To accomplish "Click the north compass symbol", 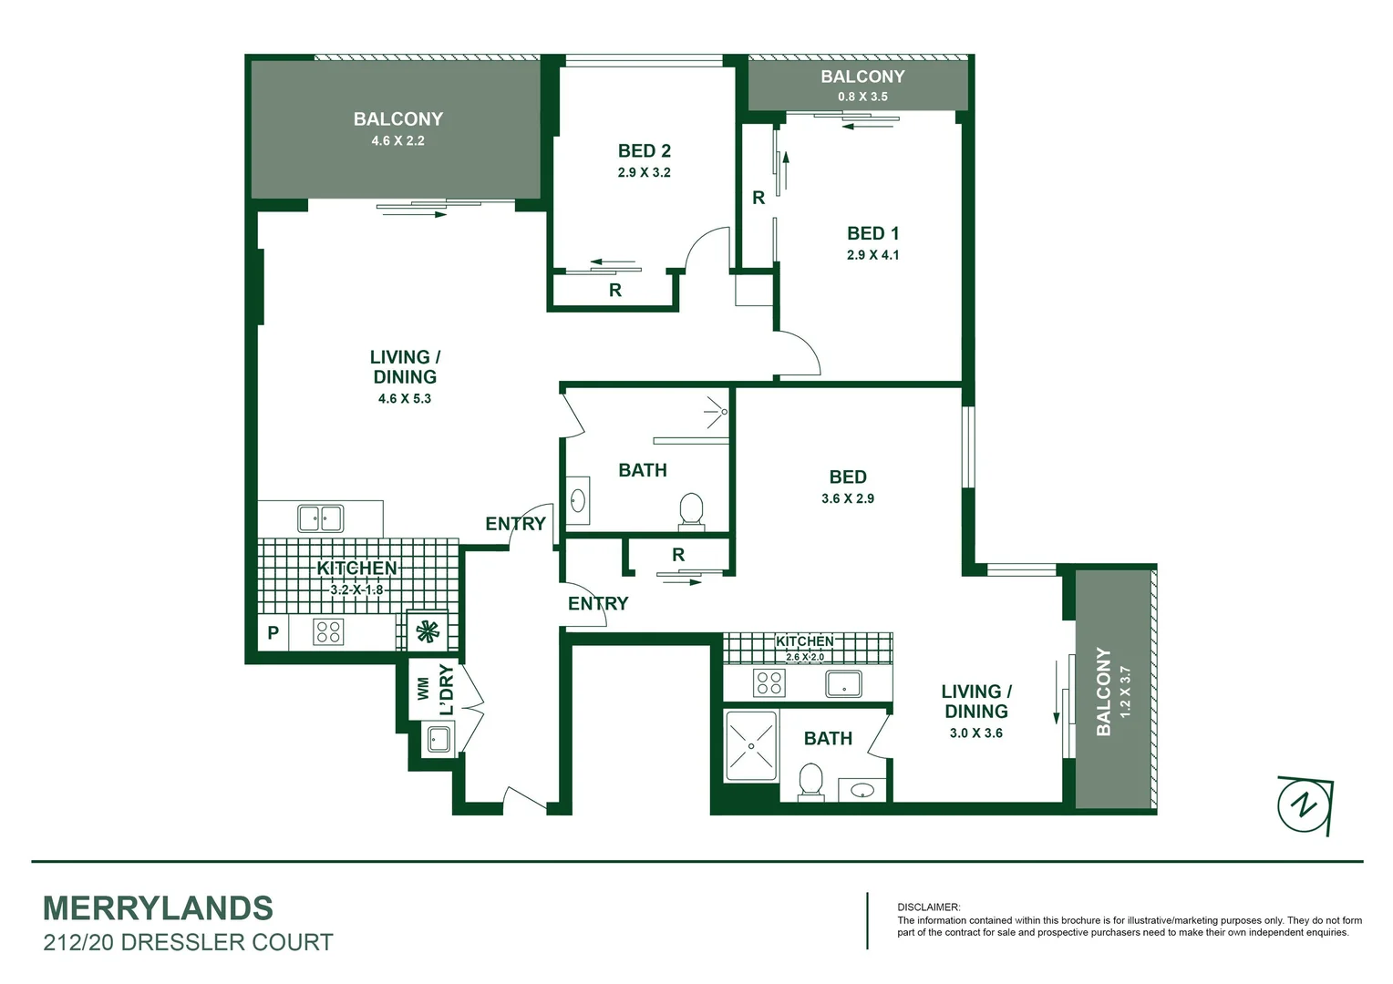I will [x=1305, y=805].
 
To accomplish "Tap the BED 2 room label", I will [x=644, y=151].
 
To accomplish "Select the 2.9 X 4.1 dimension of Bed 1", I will [x=872, y=255].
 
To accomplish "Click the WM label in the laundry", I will [x=424, y=688].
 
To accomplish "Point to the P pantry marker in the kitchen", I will [x=273, y=632].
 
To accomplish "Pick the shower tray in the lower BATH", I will [x=750, y=746].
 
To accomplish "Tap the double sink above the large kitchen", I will [x=320, y=518].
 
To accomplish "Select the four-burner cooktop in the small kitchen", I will [x=769, y=682].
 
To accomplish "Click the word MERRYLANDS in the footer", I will [x=158, y=908].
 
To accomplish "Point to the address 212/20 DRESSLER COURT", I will [x=188, y=942].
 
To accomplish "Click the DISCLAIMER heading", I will [x=928, y=907].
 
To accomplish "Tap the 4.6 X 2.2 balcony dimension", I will [x=397, y=141].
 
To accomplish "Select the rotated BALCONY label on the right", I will [x=1104, y=692].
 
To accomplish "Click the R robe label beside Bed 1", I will [x=758, y=198].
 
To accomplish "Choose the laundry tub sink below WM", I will [x=439, y=739].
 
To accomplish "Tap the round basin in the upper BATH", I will [x=578, y=500].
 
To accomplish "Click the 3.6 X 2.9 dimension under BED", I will [x=847, y=499].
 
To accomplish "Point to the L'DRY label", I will [x=446, y=690].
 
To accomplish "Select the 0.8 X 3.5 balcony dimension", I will [x=862, y=97].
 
